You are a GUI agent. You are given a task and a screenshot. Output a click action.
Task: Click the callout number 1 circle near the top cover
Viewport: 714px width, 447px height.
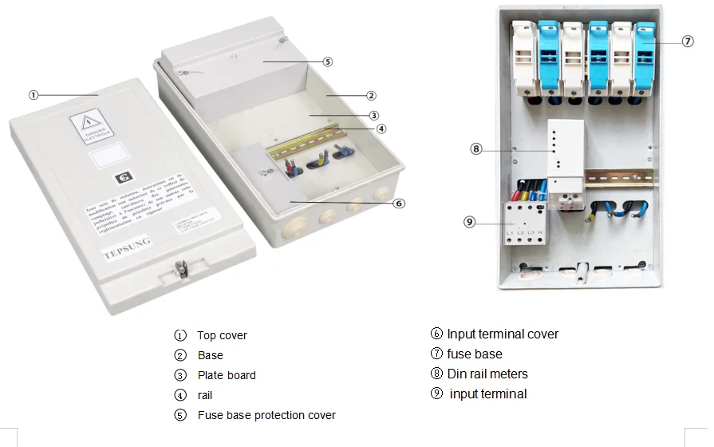[34, 95]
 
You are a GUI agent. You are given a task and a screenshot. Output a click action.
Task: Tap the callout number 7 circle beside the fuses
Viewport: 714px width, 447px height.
[688, 42]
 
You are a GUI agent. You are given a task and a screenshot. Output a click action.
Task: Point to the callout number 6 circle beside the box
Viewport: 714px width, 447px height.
[399, 203]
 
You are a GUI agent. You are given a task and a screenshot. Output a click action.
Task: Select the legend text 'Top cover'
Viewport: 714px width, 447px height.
[222, 335]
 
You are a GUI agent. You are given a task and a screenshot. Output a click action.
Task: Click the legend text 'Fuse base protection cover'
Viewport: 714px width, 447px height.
[266, 415]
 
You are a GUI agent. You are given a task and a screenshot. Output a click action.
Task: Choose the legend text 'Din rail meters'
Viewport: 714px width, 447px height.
[487, 374]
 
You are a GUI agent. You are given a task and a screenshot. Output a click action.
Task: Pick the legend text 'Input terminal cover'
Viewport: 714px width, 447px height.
[503, 334]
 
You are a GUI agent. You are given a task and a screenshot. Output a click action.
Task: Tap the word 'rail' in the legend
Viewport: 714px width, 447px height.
[205, 395]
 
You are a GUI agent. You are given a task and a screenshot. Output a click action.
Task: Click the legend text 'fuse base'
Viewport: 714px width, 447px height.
[475, 354]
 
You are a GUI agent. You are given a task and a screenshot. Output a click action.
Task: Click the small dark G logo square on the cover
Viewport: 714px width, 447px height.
[122, 178]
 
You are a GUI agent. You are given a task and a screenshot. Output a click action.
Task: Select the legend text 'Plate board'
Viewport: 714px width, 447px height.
[227, 375]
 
